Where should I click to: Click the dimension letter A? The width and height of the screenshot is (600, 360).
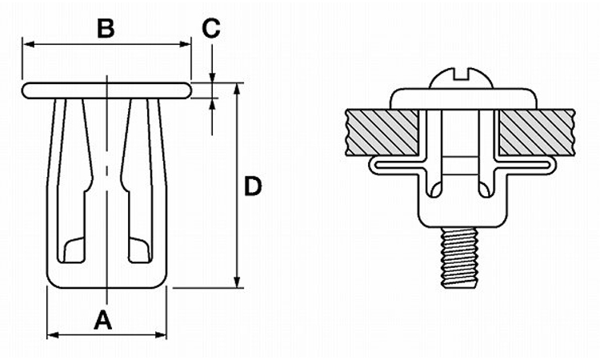pyautogui.click(x=103, y=321)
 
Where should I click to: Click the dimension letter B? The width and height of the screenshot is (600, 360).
pyautogui.click(x=106, y=28)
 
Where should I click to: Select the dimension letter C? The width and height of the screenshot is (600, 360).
pyautogui.click(x=211, y=28)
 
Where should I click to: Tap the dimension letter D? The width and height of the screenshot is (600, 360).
pyautogui.click(x=253, y=186)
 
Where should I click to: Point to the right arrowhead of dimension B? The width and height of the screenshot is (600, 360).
pyautogui.click(x=185, y=44)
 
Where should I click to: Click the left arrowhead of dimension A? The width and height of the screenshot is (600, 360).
pyautogui.click(x=53, y=335)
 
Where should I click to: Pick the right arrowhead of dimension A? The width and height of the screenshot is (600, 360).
pyautogui.click(x=160, y=335)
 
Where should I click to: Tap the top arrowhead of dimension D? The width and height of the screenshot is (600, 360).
pyautogui.click(x=238, y=89)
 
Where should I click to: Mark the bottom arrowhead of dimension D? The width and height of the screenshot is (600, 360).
pyautogui.click(x=238, y=282)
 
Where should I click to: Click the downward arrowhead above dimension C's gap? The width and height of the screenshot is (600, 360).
pyautogui.click(x=212, y=77)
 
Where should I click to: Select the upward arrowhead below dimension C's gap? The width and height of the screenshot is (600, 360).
pyautogui.click(x=212, y=104)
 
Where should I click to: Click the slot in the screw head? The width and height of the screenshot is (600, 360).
pyautogui.click(x=461, y=74)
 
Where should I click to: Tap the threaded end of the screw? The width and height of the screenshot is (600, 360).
pyautogui.click(x=459, y=258)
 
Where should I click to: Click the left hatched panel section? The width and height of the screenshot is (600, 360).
pyautogui.click(x=382, y=132)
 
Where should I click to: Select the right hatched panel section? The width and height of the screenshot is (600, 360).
pyautogui.click(x=538, y=132)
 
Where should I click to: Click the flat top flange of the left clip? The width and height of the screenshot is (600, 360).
pyautogui.click(x=106, y=90)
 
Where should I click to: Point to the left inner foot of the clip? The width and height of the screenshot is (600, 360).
pyautogui.click(x=74, y=250)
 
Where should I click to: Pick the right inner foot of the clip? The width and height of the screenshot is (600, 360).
pyautogui.click(x=138, y=250)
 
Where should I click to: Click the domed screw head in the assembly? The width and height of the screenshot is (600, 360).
pyautogui.click(x=461, y=78)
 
